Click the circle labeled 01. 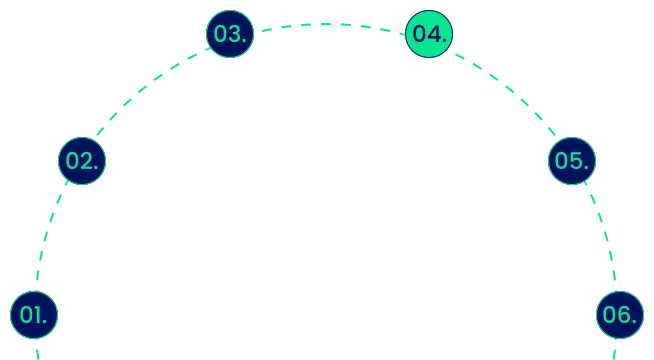(x=34, y=315)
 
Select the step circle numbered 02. (x=83, y=160)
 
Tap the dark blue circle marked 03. (x=229, y=34)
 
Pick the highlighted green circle (x=430, y=34)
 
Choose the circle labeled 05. (x=572, y=160)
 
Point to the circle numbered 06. (x=618, y=315)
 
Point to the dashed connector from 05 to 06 (x=603, y=234)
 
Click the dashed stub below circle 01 (x=36, y=353)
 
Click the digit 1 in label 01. (x=41, y=315)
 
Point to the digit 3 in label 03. (x=236, y=34)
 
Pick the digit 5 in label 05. (x=579, y=160)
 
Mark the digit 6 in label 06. (x=624, y=315)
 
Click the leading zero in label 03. (x=220, y=34)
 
